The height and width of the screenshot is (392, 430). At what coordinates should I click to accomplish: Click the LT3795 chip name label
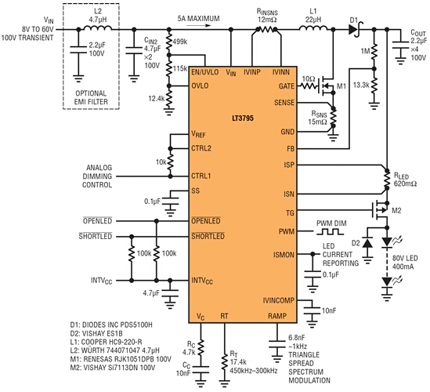243,118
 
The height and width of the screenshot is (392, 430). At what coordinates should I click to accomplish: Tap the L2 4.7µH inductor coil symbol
98,28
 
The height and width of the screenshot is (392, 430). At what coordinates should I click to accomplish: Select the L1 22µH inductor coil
313,28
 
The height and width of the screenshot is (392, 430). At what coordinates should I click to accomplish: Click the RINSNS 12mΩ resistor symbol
266,29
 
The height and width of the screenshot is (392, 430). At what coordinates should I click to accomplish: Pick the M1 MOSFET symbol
326,86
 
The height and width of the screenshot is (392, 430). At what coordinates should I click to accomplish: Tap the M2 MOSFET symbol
380,211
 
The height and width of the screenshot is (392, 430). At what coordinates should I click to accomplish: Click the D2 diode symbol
367,244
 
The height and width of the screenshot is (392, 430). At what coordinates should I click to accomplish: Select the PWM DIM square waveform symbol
330,232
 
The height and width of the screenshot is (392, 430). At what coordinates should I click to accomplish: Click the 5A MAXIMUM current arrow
198,26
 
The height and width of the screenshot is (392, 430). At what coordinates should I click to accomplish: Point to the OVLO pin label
200,86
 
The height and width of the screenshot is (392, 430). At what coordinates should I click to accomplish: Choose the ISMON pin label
284,255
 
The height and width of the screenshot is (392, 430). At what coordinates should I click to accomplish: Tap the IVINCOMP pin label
278,300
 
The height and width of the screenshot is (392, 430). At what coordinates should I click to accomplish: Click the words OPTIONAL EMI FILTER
91,97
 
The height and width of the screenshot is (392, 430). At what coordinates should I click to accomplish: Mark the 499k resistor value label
180,42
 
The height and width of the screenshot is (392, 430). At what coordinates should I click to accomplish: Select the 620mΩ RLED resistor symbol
387,180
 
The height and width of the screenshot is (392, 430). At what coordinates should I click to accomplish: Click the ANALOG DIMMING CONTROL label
97,176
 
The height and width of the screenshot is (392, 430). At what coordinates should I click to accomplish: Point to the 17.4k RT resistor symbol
225,362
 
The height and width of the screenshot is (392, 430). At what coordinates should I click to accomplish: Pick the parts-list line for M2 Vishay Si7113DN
113,368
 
